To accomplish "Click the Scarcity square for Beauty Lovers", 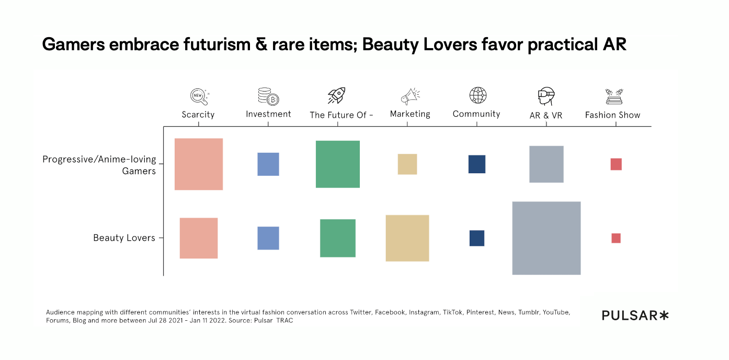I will [x=199, y=238].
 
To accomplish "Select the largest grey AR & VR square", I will [x=546, y=238].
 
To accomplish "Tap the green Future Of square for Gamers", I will [x=338, y=164].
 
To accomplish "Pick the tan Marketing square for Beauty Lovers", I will [x=407, y=238].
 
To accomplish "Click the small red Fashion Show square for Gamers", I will [x=616, y=164].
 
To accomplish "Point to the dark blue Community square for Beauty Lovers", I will [x=477, y=238].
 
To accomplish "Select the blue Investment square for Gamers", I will [x=268, y=164].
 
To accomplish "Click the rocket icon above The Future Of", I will [x=336, y=96].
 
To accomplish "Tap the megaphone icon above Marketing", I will [x=410, y=96].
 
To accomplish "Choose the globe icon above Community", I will [x=477, y=95].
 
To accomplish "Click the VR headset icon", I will [x=545, y=96].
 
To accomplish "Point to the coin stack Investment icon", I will [x=268, y=96].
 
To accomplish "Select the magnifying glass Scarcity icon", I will [x=199, y=96].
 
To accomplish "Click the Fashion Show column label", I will [x=612, y=115].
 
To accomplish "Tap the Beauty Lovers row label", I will [x=124, y=238].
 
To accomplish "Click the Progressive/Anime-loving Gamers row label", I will [x=99, y=165].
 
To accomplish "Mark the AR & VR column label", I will [x=546, y=115].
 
